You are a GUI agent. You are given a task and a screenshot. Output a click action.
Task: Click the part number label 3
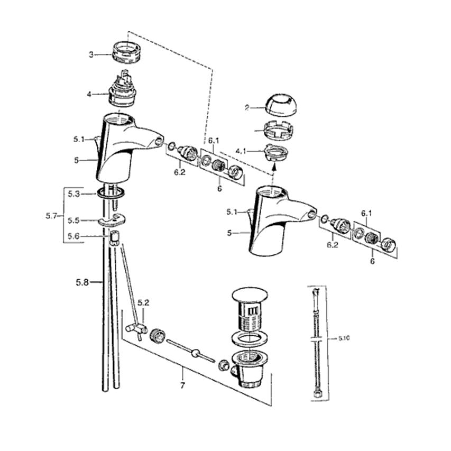tap(91, 54)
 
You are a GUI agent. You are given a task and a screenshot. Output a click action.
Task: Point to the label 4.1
tap(241, 151)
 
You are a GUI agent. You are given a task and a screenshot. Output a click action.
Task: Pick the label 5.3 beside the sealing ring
tap(73, 194)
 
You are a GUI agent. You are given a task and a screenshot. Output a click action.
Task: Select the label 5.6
tap(73, 236)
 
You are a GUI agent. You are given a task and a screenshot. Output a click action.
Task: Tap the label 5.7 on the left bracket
tap(51, 216)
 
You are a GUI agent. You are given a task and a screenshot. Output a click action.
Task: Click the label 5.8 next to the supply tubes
tap(82, 282)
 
